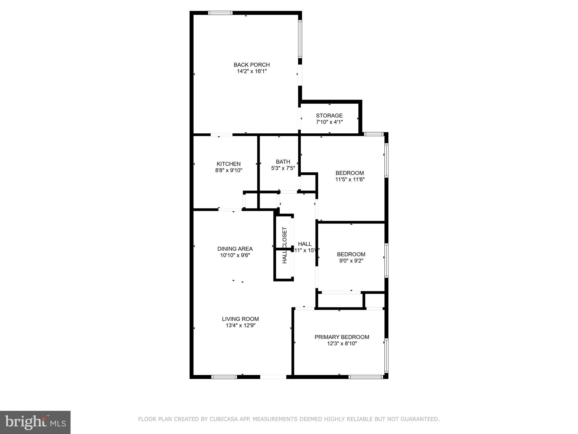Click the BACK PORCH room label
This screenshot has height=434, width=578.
pos(251,65)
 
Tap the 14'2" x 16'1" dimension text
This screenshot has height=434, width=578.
pos(251,71)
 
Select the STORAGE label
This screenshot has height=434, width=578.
pos(329,116)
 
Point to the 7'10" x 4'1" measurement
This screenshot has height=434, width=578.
pos(329,122)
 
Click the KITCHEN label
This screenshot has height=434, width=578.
pos(228,164)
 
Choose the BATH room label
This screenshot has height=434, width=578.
pos(283,162)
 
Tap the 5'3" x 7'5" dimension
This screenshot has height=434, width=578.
pos(283,168)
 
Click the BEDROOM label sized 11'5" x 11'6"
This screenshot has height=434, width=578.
pos(349,173)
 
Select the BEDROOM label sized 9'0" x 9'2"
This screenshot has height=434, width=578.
pos(351,254)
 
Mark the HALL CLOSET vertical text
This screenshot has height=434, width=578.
pos(284,245)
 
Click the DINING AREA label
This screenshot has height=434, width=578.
pos(235,249)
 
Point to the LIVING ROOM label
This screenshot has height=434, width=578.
pos(240,319)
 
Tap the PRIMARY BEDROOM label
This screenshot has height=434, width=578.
pos(342,337)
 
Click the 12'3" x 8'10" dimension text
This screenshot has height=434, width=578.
pos(342,344)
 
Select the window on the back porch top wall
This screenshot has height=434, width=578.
pos(220,13)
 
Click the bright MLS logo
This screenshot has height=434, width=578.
pos(35,422)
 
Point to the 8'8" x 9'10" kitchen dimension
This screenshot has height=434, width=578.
pos(228,170)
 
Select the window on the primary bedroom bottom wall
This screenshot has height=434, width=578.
pos(365,377)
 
